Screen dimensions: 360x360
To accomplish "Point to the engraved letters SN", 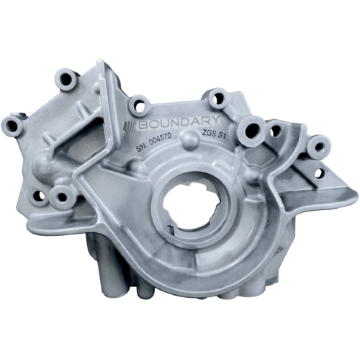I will [x=140, y=148].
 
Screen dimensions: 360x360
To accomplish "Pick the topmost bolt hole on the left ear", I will [x=66, y=79].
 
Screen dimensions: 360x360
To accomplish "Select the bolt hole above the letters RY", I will [x=218, y=98].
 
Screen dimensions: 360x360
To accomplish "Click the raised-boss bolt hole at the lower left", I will [x=60, y=196].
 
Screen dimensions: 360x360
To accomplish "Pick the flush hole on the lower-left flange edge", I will [x=40, y=195].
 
